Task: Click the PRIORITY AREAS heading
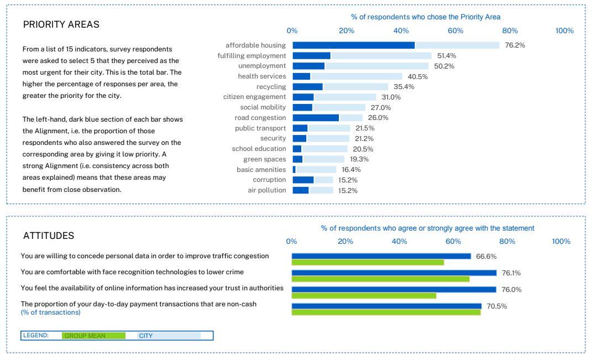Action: tap(61, 25)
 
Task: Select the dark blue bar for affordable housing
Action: tap(353, 45)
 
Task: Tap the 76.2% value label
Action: tap(515, 45)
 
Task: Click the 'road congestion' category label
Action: tap(260, 118)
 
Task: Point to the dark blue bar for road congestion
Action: tap(316, 118)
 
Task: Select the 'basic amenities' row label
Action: tap(261, 169)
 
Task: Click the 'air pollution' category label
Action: tap(267, 190)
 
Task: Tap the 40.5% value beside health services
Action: tap(418, 76)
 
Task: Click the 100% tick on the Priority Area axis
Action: tap(564, 31)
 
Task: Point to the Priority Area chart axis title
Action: tap(426, 17)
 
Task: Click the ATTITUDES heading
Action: tap(49, 236)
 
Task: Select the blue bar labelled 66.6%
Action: tap(381, 256)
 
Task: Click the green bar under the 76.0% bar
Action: tap(364, 296)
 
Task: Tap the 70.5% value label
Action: tap(496, 306)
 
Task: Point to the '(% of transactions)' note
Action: tap(50, 312)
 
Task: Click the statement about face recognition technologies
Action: tap(132, 272)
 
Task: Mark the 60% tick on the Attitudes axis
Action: tap(453, 241)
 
